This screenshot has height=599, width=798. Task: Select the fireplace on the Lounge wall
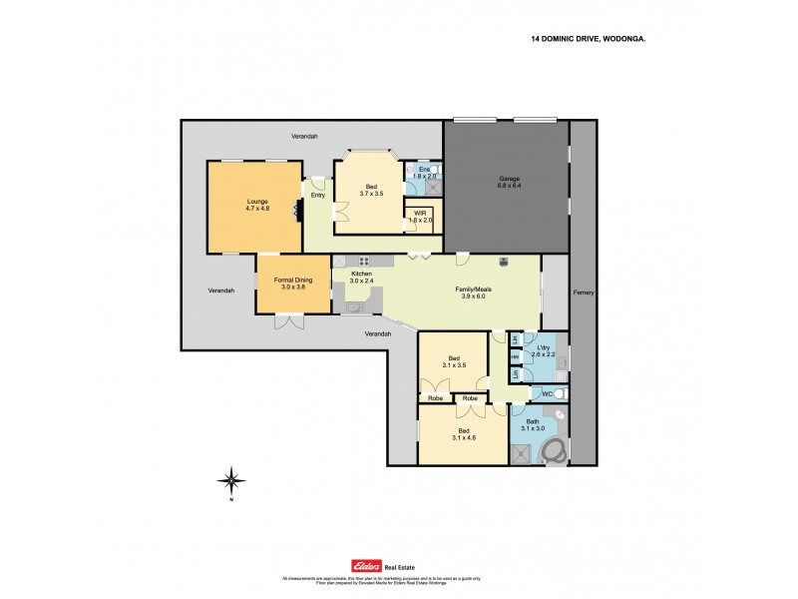click(x=296, y=210)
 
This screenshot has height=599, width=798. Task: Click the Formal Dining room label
click(x=294, y=282)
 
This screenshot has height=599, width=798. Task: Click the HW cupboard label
click(x=515, y=356)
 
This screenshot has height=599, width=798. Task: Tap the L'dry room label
click(x=543, y=351)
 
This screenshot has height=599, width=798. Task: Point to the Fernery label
click(x=584, y=293)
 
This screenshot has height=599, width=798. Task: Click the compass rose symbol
click(x=230, y=480)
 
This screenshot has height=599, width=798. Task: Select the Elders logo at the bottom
click(x=355, y=562)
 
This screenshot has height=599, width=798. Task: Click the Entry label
click(x=318, y=195)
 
